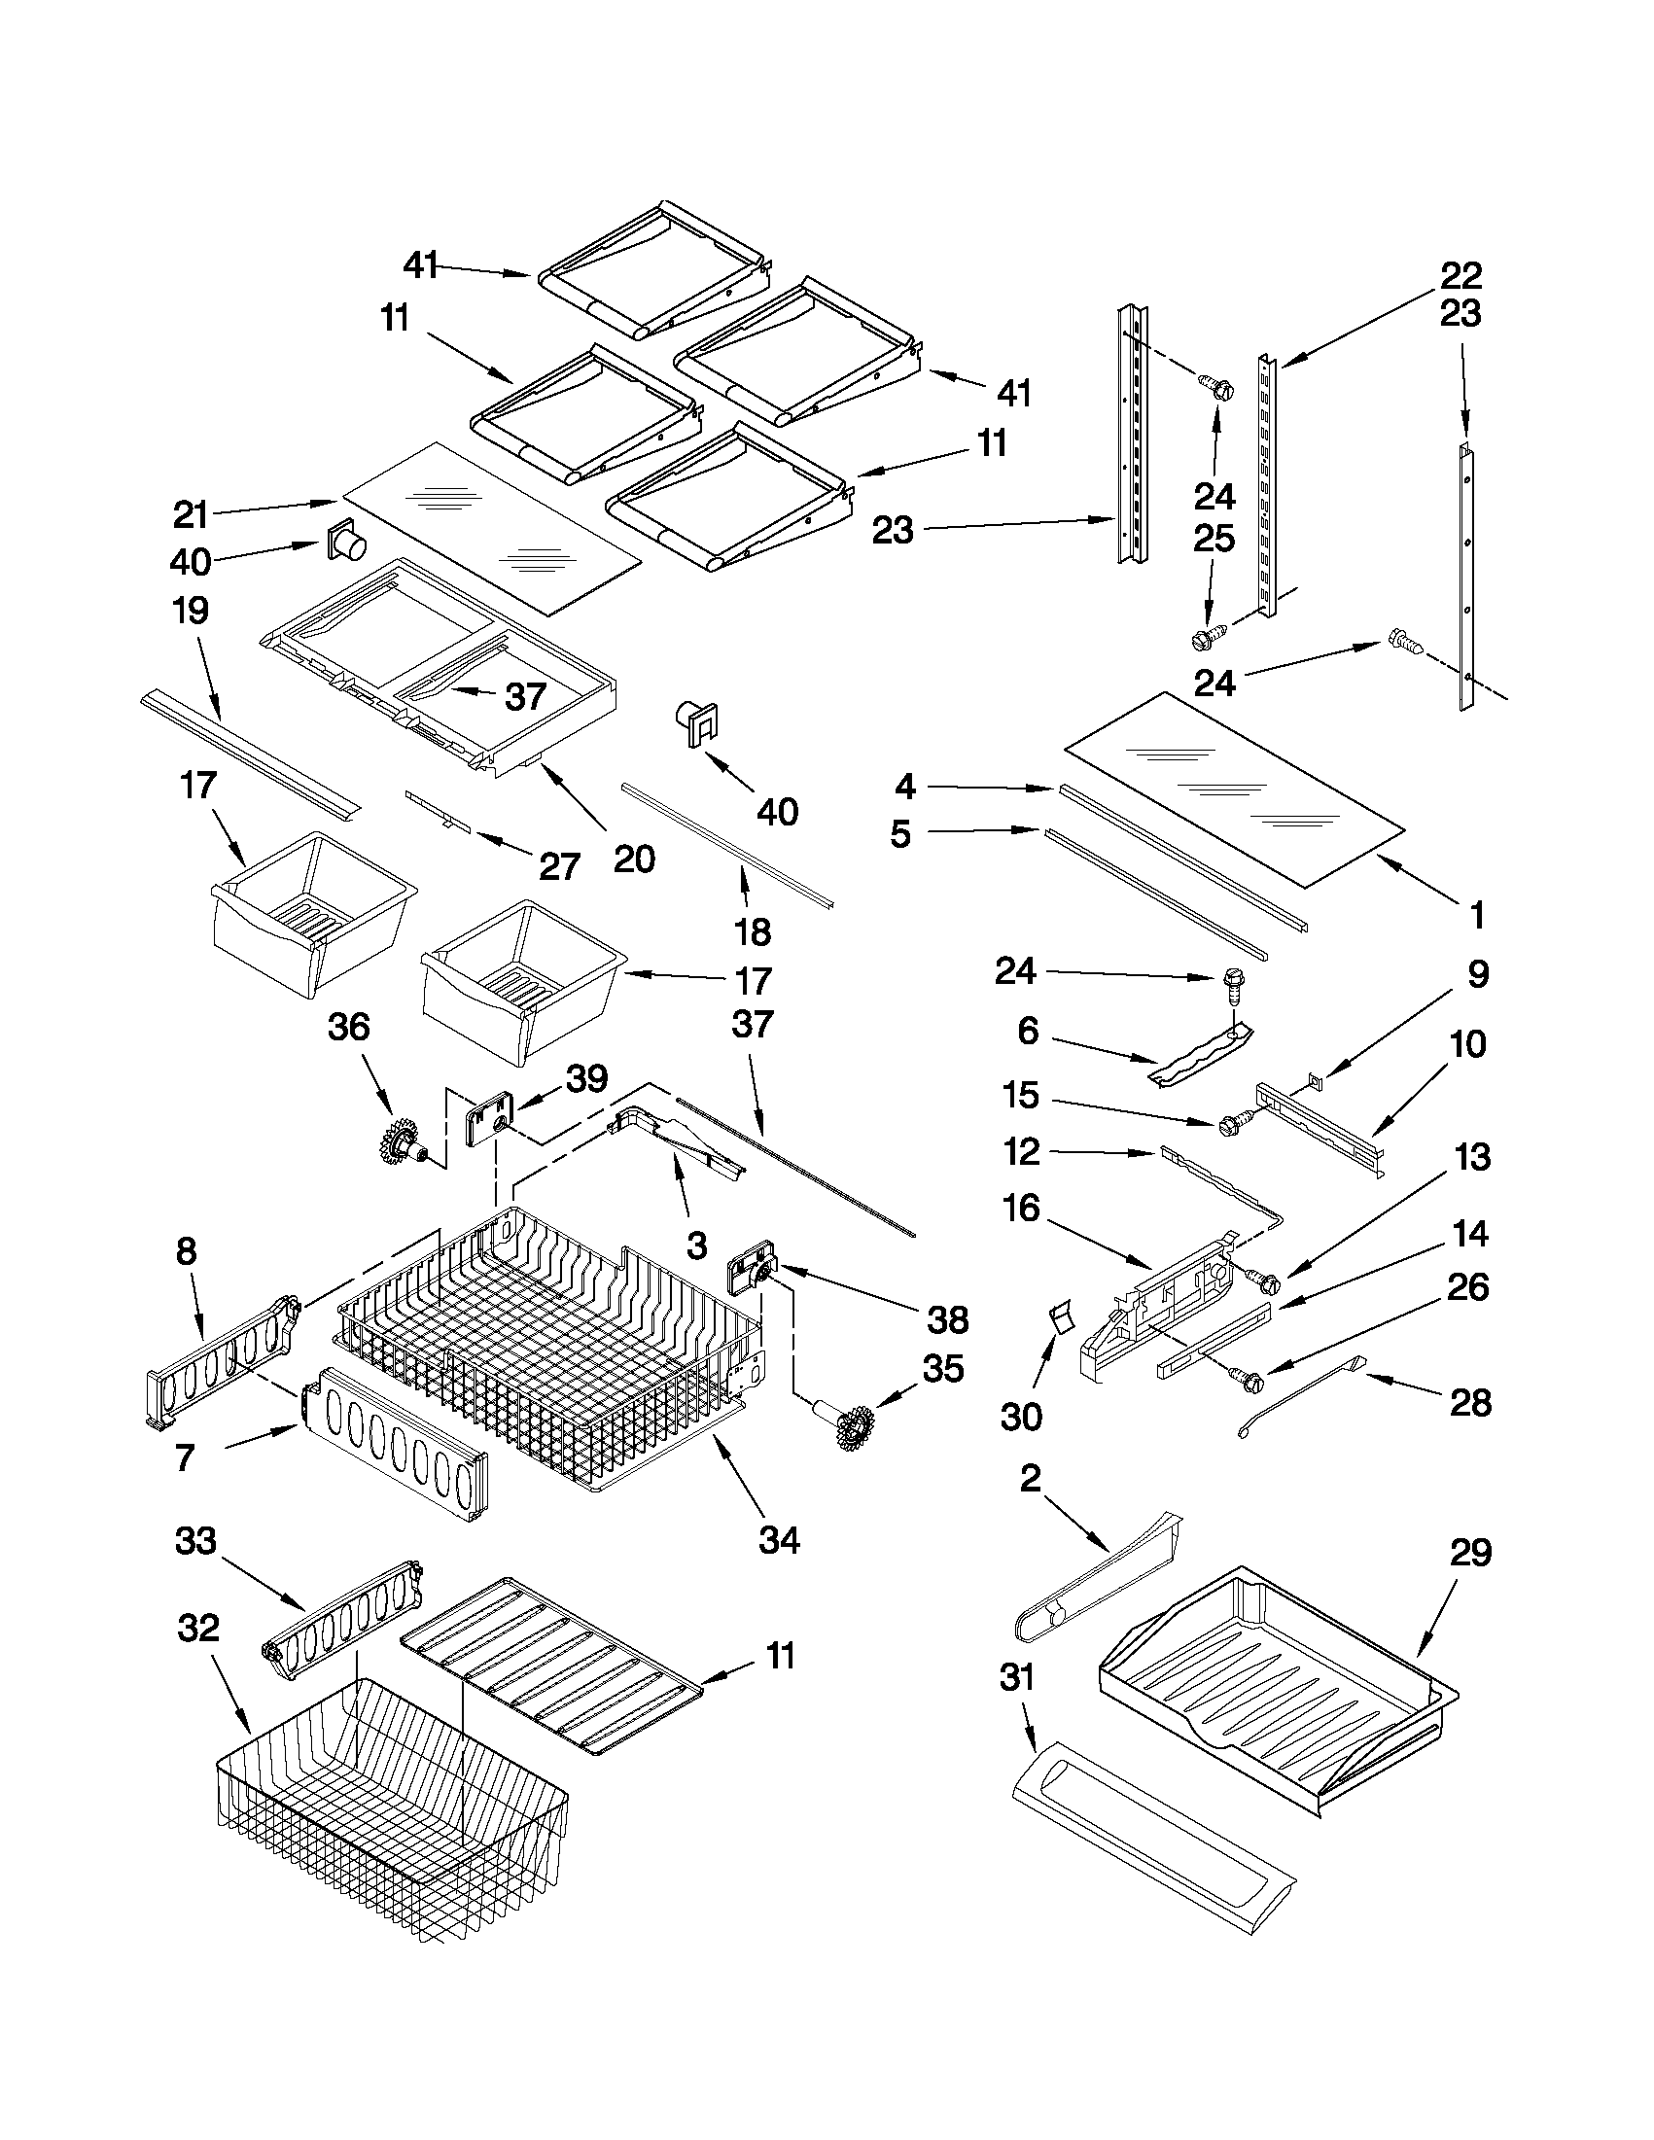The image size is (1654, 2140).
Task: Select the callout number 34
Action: click(780, 1540)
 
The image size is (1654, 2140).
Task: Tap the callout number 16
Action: click(1021, 1208)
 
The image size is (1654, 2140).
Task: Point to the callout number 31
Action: click(1017, 1677)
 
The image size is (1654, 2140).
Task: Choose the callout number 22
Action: click(1460, 275)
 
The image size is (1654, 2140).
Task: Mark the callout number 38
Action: click(946, 1319)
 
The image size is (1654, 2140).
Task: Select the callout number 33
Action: click(195, 1541)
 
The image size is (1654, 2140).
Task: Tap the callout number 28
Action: click(1470, 1402)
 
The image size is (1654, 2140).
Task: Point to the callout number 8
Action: click(186, 1251)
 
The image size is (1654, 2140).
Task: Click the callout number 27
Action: click(559, 866)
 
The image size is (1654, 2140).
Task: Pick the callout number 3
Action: click(696, 1245)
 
